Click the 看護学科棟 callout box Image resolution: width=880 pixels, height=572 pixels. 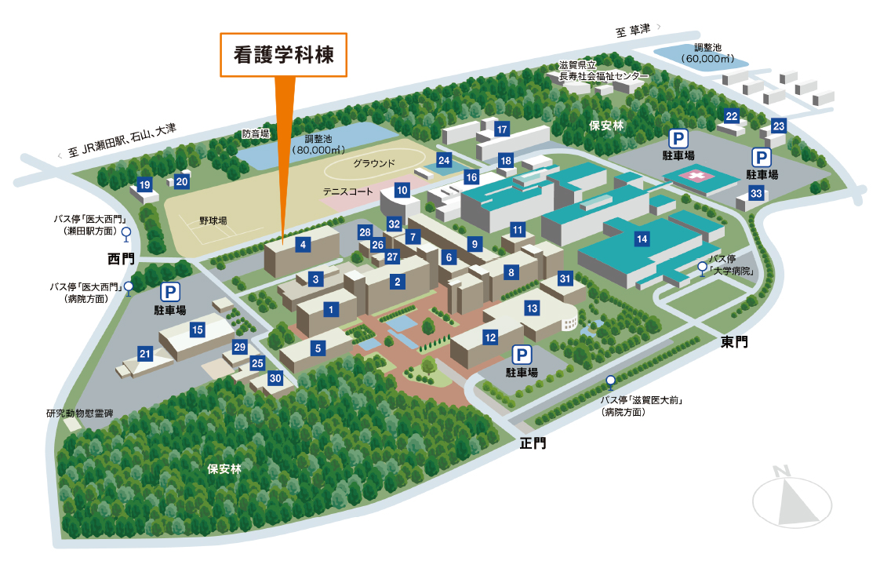click(x=283, y=54)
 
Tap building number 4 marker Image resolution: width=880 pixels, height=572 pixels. click(x=303, y=244)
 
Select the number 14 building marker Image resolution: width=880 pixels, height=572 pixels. click(x=642, y=239)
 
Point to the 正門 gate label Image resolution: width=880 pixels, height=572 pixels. click(x=533, y=443)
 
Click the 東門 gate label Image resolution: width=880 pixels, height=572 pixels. click(x=734, y=342)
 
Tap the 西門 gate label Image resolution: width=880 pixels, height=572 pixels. click(x=122, y=259)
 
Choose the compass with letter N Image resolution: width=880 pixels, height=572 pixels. click(x=792, y=498)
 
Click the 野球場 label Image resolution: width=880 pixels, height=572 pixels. click(x=213, y=220)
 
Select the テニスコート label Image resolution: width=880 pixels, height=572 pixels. click(x=348, y=191)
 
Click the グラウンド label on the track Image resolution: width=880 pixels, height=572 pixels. click(x=374, y=163)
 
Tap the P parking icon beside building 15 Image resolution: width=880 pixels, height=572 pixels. click(x=170, y=292)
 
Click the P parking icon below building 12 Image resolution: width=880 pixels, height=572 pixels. click(x=522, y=355)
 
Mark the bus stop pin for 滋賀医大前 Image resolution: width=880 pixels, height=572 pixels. click(x=611, y=382)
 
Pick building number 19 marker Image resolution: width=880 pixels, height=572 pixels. click(x=145, y=184)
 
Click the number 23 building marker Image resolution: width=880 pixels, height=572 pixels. click(x=778, y=126)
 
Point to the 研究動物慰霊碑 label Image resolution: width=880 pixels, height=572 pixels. click(x=80, y=414)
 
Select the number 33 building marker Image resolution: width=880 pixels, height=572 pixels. click(x=756, y=194)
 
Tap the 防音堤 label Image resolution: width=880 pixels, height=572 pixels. click(x=256, y=133)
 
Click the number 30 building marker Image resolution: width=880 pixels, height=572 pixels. click(x=275, y=378)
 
